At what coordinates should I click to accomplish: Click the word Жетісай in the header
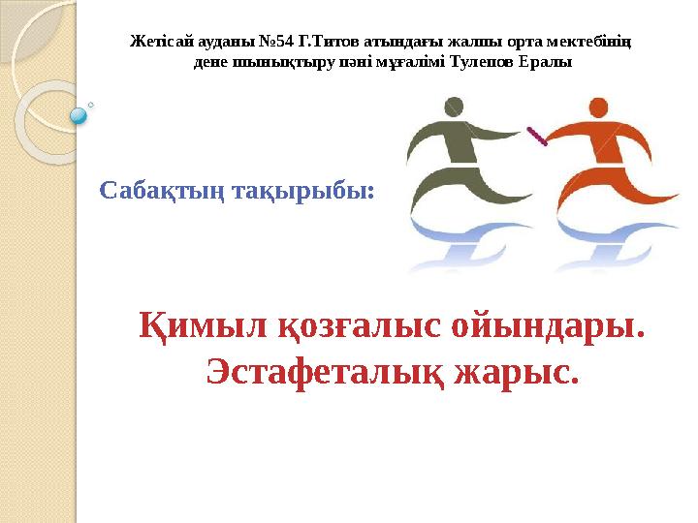(x=160, y=43)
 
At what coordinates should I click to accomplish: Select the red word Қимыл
(x=189, y=327)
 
